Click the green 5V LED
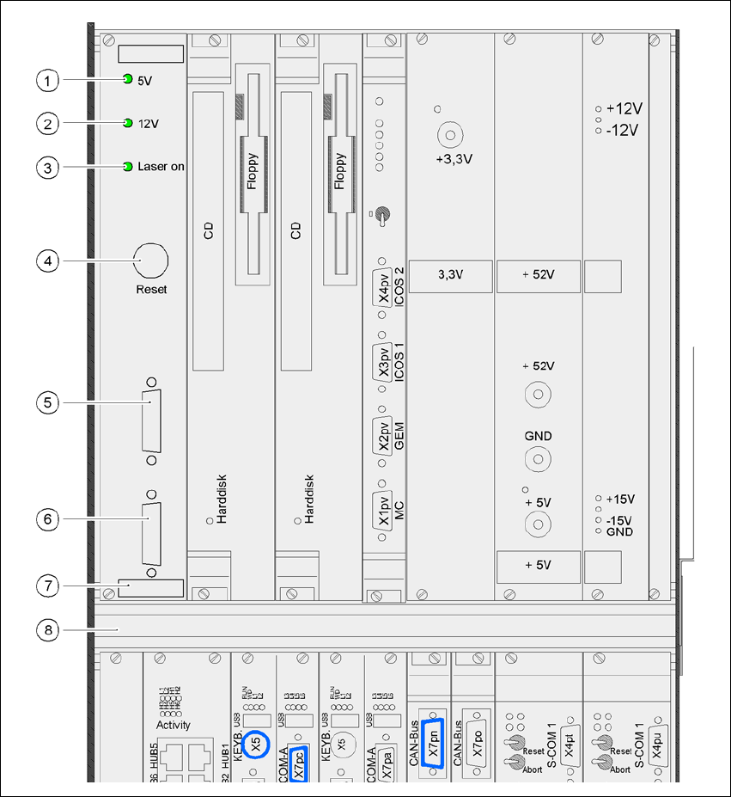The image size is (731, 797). click(128, 80)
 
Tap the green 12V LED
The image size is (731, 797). click(128, 123)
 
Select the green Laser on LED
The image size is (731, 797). click(128, 166)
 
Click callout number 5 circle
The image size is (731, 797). click(49, 402)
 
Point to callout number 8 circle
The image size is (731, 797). click(49, 630)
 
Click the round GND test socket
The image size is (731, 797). click(538, 460)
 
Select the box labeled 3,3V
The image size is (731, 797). click(450, 275)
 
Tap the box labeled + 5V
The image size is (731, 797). click(538, 565)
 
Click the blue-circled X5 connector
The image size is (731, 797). click(256, 745)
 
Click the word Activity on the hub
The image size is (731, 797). click(174, 725)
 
